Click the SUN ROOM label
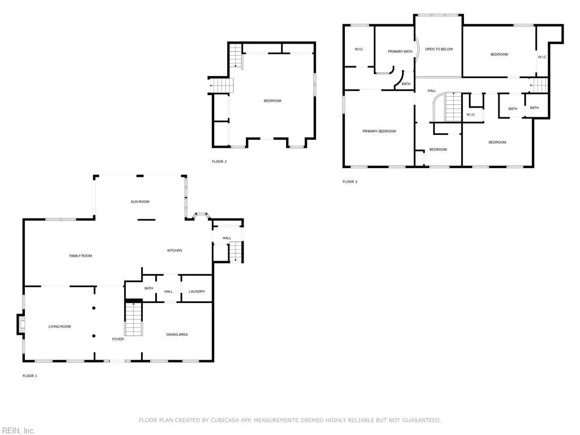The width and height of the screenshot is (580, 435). [x=140, y=202]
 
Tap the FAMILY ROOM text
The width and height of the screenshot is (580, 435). [x=80, y=256]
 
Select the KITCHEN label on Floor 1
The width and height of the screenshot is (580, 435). [x=174, y=250]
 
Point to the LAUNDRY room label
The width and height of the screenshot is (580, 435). [x=197, y=292]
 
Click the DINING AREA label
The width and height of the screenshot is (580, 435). [x=177, y=335]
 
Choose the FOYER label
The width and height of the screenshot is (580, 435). [x=118, y=339]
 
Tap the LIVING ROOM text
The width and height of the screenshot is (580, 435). [x=59, y=326]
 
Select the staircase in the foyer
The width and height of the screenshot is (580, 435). [x=133, y=320]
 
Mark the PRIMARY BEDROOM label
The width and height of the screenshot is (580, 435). [x=379, y=131]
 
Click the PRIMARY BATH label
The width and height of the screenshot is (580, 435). [x=400, y=52]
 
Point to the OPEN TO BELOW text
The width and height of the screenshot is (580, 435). [x=439, y=49]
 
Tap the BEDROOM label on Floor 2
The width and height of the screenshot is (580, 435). [x=272, y=101]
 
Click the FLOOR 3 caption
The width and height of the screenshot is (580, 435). [x=349, y=182]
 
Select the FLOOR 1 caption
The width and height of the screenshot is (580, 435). [x=29, y=376]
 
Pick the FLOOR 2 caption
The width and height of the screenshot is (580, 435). [x=219, y=161]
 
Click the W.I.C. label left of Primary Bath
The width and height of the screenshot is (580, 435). [x=359, y=49]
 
